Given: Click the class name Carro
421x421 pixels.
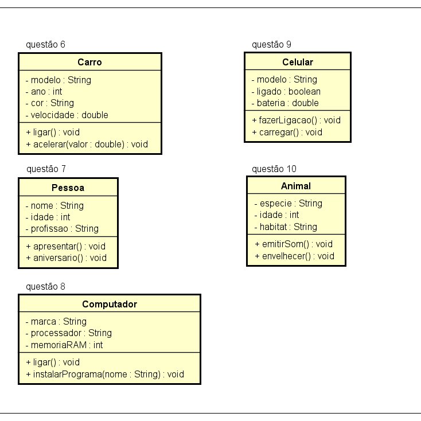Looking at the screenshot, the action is coord(89,62).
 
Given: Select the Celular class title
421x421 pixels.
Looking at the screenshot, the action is coord(298,62).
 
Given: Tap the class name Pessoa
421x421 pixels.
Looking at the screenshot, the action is coord(68,188).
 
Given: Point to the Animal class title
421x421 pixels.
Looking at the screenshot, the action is coord(296,186).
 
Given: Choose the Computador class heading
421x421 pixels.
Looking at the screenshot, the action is coord(110,304).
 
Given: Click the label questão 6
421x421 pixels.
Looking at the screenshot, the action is coord(46,44).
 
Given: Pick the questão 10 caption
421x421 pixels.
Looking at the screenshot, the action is coord(274,169).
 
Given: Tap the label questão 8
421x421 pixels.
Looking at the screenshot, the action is coord(46,286).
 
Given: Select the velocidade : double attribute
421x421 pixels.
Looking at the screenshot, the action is coord(67,115).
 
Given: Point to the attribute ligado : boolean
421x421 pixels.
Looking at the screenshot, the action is coord(286,91).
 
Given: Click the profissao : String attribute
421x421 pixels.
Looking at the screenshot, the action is coord(62,228).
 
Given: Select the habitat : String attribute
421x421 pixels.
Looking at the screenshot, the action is coord(286,227).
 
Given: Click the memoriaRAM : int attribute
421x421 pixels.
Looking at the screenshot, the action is coord(64,345).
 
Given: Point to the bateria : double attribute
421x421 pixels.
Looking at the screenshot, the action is coord(285,103).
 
